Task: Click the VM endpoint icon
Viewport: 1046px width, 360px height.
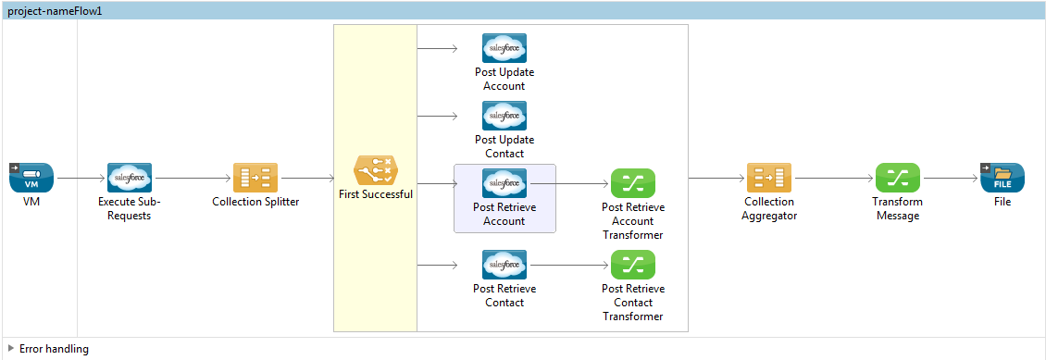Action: point(32,177)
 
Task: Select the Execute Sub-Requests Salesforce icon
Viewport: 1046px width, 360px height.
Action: point(130,177)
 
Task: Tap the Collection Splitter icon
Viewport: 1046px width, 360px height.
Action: point(255,177)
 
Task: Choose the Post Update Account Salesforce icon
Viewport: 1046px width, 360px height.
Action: point(504,48)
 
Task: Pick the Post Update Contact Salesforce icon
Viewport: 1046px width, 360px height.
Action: point(504,116)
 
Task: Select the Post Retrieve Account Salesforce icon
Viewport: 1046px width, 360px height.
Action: point(504,183)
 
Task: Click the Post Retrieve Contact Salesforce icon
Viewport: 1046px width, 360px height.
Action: point(504,265)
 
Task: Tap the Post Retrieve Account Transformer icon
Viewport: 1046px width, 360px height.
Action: point(632,183)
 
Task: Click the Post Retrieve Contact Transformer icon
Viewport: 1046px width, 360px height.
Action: point(632,265)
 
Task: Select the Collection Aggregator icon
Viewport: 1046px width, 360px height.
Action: point(769,177)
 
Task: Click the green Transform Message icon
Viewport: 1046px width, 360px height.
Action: point(897,177)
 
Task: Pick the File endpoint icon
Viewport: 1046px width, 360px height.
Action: point(1002,177)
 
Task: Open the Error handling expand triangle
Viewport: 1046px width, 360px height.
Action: point(11,349)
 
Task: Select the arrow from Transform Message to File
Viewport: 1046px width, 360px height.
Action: point(950,177)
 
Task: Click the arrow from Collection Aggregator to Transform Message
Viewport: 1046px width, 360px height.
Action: point(833,177)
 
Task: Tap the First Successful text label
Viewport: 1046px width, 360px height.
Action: point(375,194)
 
